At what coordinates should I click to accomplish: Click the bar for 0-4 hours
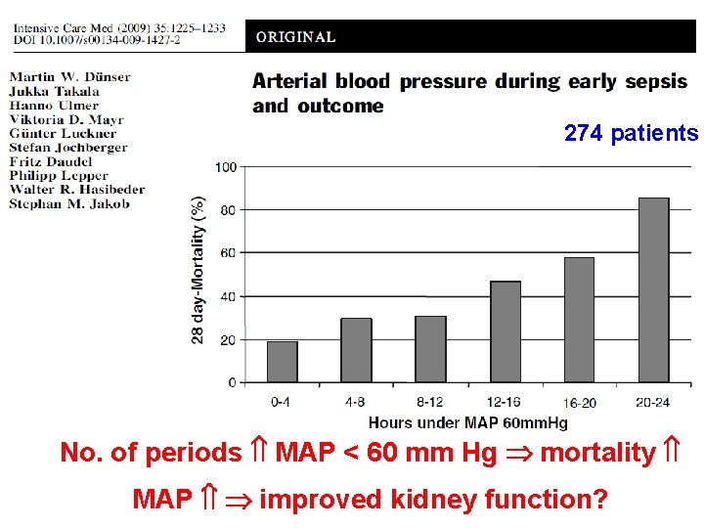[283, 362]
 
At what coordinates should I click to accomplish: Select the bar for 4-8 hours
[356, 350]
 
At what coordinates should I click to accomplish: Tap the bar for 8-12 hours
[430, 349]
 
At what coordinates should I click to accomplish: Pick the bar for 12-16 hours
[505, 331]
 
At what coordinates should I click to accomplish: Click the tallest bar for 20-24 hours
[653, 290]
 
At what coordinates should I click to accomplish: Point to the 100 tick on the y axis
[226, 167]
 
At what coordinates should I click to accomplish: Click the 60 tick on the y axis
[229, 253]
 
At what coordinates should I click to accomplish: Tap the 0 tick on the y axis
[232, 382]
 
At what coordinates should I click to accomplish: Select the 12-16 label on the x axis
[505, 401]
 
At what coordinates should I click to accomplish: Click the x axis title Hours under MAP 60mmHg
[467, 422]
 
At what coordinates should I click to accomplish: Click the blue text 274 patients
[631, 133]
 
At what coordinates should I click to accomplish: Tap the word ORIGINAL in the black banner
[295, 37]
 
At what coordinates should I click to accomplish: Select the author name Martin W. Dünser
[69, 77]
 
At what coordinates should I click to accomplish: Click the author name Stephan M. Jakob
[69, 203]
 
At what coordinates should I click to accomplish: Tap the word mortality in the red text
[596, 453]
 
